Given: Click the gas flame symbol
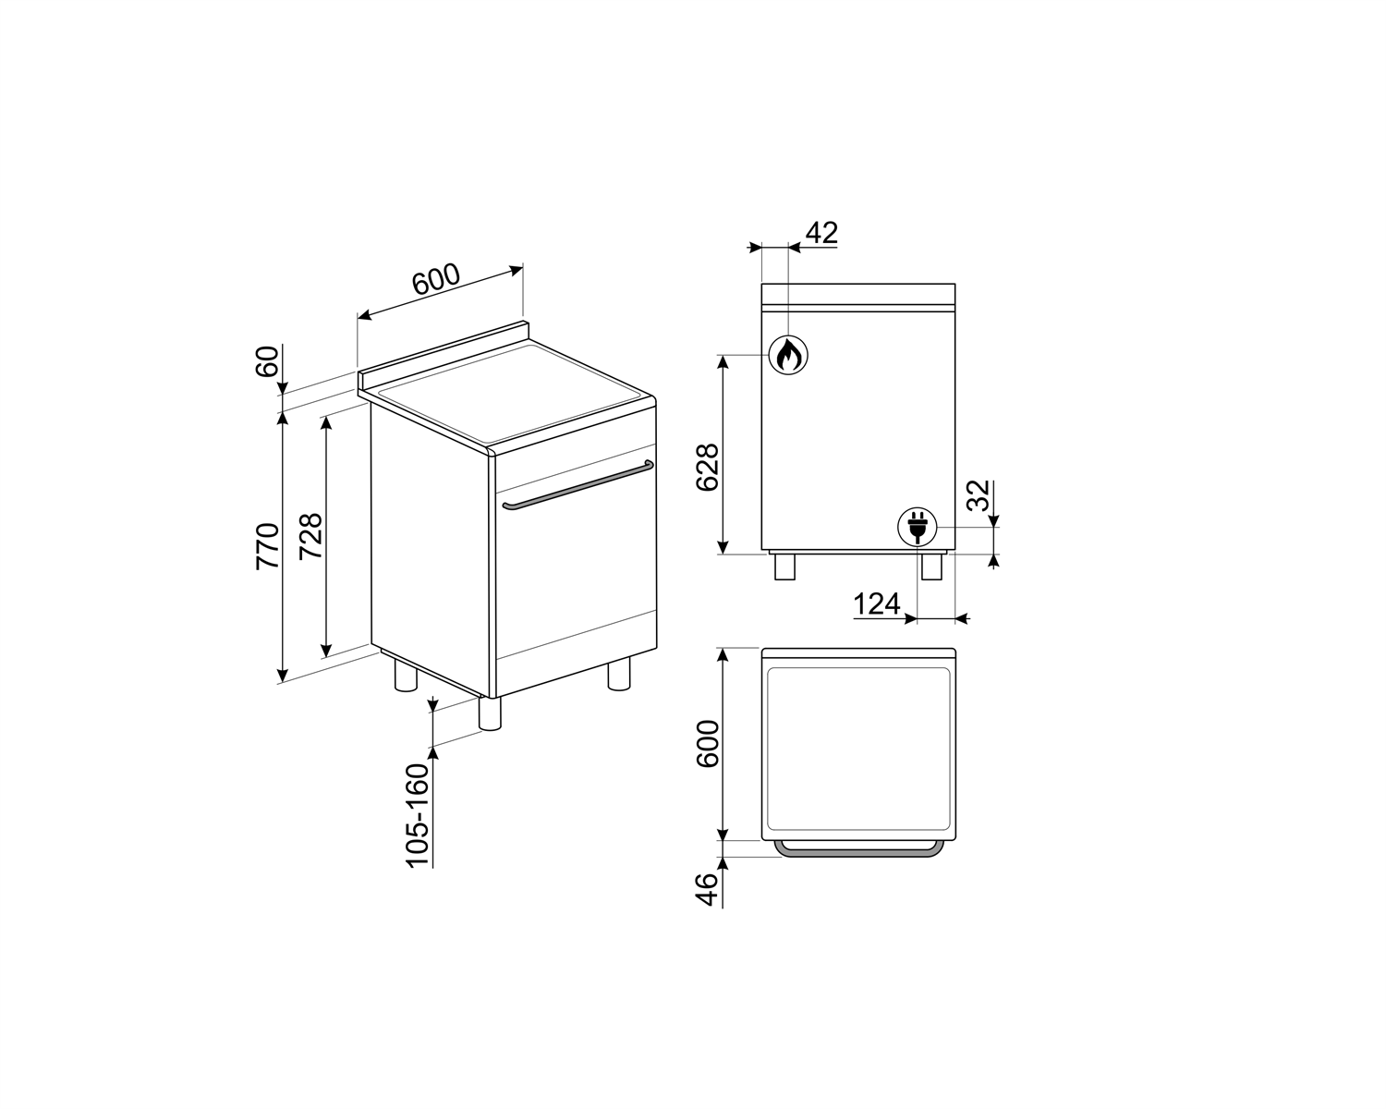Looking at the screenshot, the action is click(787, 355).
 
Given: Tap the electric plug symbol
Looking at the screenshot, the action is click(918, 527).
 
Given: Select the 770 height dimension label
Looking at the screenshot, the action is click(268, 546).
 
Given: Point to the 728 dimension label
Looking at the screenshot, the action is click(311, 535).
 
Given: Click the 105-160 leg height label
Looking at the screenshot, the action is click(417, 816).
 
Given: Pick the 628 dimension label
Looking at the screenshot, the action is click(707, 468).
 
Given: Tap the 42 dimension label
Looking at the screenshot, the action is click(821, 233).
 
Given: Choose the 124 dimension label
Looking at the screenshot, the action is click(877, 603).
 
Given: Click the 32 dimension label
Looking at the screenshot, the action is click(979, 495).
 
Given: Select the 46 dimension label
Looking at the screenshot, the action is click(707, 889).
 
